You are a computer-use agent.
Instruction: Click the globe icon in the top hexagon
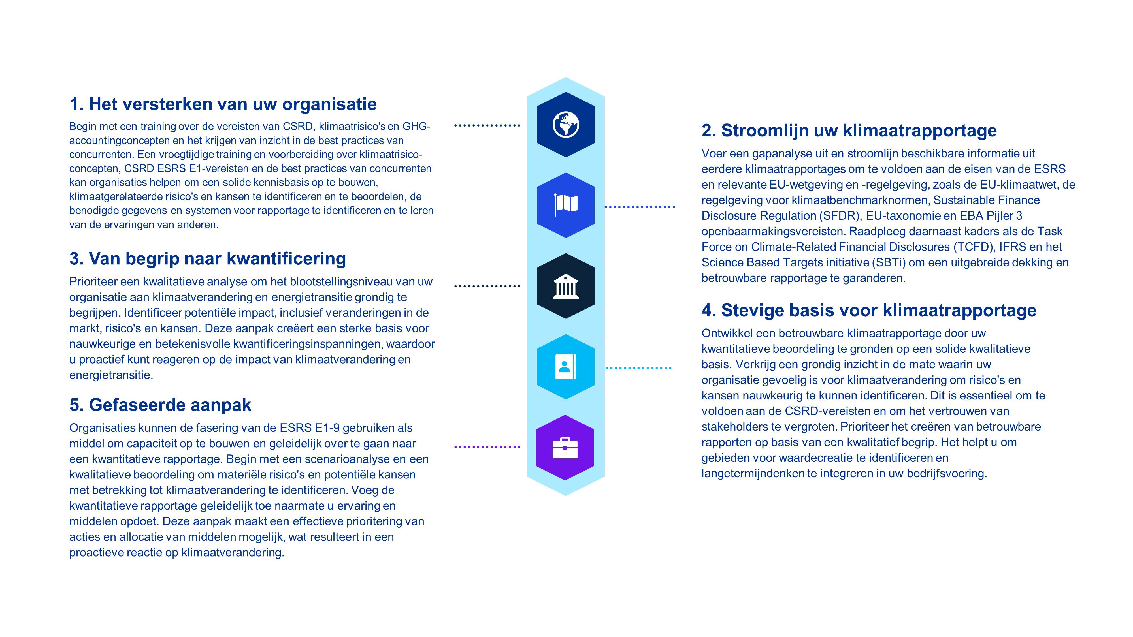point(566,125)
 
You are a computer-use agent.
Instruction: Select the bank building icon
point(566,286)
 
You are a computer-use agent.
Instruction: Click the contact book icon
point(566,367)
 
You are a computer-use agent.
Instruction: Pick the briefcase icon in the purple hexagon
point(565,448)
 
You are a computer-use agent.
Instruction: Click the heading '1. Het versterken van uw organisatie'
point(223,104)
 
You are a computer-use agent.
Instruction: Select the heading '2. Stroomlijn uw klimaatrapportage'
point(849,131)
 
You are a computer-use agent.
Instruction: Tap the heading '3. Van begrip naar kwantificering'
point(208,258)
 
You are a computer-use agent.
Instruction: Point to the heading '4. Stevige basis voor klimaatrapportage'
point(869,310)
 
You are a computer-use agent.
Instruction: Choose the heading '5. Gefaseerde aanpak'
point(160,405)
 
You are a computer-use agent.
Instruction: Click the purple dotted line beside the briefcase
point(487,447)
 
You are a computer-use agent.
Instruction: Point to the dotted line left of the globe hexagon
point(487,125)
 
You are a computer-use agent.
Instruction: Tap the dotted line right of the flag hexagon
point(640,207)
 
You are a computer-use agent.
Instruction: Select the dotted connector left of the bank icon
point(487,286)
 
